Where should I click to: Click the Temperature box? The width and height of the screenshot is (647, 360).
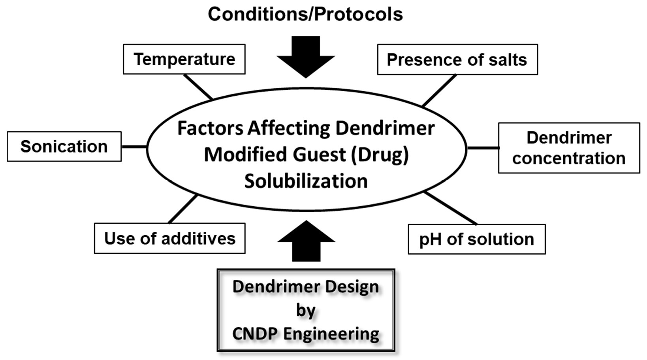(x=184, y=59)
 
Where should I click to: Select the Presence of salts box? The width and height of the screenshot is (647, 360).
(x=457, y=60)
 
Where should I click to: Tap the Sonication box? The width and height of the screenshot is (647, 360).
(x=64, y=147)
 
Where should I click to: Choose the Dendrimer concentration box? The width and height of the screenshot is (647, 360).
(x=569, y=148)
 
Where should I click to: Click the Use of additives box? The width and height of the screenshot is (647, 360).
(x=169, y=238)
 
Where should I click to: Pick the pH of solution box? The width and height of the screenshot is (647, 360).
(x=476, y=239)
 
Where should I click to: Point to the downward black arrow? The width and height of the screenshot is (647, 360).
(x=306, y=57)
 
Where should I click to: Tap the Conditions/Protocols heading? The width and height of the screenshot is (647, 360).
(x=305, y=15)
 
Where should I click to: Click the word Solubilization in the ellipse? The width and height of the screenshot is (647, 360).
(x=306, y=181)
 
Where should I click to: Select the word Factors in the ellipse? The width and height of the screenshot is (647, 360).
(x=210, y=128)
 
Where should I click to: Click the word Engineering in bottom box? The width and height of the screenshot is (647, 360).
(x=331, y=334)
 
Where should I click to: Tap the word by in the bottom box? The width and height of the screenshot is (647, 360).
(x=306, y=311)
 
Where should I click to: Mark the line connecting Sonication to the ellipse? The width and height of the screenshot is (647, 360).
(x=134, y=147)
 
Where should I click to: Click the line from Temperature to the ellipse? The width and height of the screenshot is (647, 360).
(x=198, y=87)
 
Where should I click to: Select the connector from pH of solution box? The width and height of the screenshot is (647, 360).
(x=450, y=208)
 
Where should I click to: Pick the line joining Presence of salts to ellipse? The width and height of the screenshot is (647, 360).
(x=439, y=90)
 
